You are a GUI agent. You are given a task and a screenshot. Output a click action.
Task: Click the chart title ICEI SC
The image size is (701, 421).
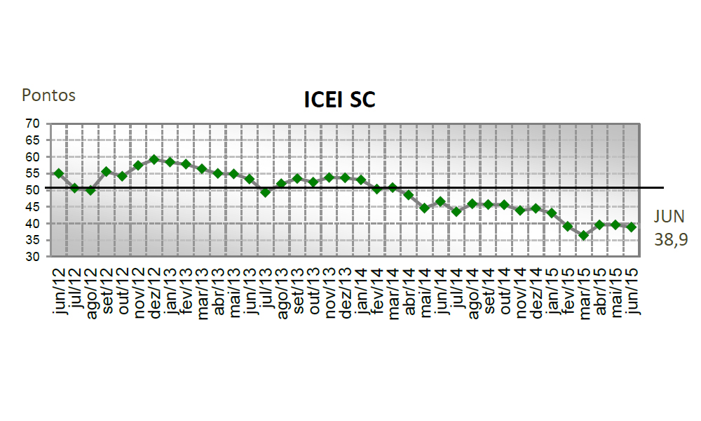coord(339,100)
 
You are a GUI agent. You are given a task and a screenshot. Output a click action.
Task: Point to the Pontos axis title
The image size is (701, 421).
coord(48,95)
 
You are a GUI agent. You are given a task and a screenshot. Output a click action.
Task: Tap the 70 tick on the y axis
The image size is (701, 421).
coord(32,123)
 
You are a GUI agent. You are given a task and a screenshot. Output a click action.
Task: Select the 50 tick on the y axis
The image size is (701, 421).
coord(32,190)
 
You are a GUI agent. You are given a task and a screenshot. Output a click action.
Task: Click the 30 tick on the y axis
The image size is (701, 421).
coord(32,257)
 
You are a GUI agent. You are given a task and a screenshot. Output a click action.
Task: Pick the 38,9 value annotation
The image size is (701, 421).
coord(671,239)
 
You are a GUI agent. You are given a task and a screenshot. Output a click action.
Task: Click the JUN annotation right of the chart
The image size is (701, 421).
coord(670,217)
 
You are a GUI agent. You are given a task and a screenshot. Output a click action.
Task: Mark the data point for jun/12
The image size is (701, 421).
coord(59,173)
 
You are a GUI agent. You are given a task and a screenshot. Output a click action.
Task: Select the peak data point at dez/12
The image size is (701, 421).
coord(154,159)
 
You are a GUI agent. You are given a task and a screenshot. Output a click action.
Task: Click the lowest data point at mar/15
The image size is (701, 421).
coord(583,236)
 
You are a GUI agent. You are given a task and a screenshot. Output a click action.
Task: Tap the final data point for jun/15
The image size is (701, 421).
coord(632,227)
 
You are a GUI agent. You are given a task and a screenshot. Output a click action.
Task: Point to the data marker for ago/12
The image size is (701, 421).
coord(90,190)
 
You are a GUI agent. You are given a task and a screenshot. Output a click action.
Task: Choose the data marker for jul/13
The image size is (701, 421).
coord(265,192)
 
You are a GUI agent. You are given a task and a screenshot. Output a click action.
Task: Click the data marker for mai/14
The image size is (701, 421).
coord(424,208)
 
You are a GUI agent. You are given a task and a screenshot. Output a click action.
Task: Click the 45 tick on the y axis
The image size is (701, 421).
coord(32,207)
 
